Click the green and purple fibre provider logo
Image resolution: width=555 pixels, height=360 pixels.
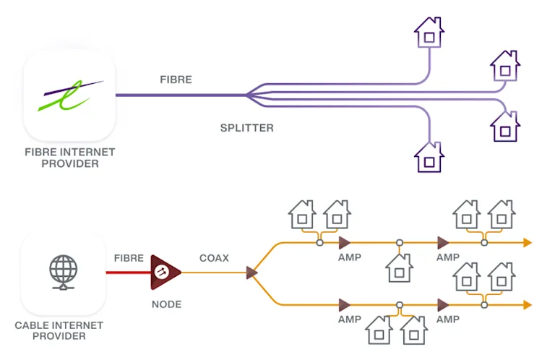(x=69, y=95)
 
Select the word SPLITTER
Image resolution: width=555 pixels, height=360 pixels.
(x=246, y=128)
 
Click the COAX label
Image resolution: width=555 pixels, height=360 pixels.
(x=214, y=257)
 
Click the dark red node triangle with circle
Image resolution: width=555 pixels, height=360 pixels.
(x=164, y=273)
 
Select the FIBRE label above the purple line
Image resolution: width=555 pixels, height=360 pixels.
(x=176, y=80)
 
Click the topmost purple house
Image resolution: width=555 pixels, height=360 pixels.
(x=429, y=33)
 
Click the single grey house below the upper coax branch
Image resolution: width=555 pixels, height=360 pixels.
(x=399, y=267)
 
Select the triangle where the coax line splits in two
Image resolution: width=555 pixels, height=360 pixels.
(x=251, y=273)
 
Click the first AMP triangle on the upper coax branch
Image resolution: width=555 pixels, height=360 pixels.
(x=345, y=242)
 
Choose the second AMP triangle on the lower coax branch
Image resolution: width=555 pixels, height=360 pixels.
(x=443, y=304)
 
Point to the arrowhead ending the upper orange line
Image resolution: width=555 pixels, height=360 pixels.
(x=528, y=242)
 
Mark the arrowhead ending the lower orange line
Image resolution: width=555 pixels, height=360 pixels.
(x=528, y=304)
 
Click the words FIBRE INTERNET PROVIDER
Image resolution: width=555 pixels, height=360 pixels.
(x=69, y=158)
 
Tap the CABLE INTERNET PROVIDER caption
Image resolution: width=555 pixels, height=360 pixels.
(x=59, y=330)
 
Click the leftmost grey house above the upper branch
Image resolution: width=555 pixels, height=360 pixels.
(x=302, y=215)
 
